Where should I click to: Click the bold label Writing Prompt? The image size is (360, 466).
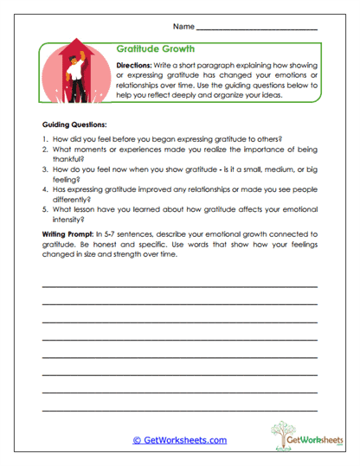69,234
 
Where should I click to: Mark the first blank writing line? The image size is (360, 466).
179,285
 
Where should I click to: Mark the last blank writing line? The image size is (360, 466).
179,409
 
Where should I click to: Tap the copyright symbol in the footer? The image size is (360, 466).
137,440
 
